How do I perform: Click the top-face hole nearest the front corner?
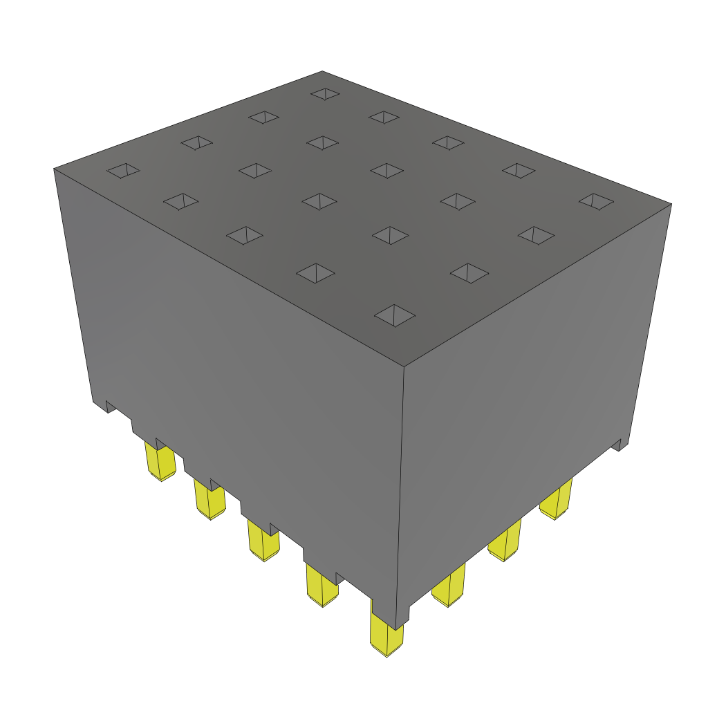[395, 315]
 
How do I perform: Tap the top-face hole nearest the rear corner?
[325, 93]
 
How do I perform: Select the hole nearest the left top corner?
[123, 170]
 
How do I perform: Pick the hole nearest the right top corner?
[596, 201]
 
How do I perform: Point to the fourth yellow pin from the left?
[322, 586]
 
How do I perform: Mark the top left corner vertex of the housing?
[54, 169]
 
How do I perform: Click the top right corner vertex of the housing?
[671, 203]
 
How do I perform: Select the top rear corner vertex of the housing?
[322, 71]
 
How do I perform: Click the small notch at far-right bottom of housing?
[620, 445]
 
